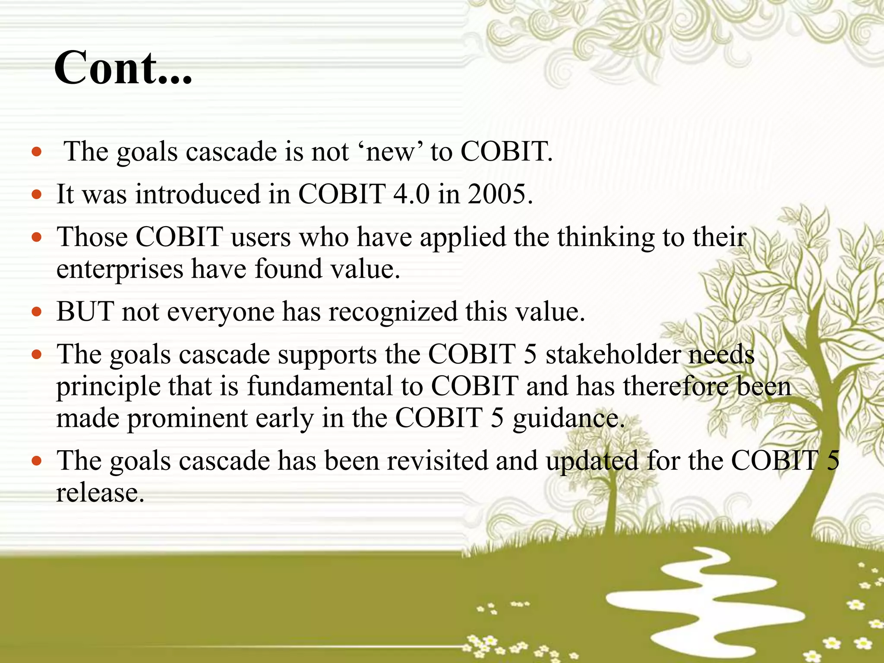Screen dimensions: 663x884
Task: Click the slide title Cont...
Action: [x=123, y=68]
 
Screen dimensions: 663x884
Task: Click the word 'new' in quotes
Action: [x=390, y=152]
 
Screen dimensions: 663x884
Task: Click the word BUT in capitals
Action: [x=85, y=312]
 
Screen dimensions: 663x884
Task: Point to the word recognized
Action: [x=392, y=312]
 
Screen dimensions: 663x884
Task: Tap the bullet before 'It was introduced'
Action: [x=37, y=195]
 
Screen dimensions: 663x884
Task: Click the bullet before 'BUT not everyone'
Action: [x=37, y=312]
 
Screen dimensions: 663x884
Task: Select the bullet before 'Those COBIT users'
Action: [x=37, y=238]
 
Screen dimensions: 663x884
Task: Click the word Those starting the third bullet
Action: [x=92, y=237]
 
